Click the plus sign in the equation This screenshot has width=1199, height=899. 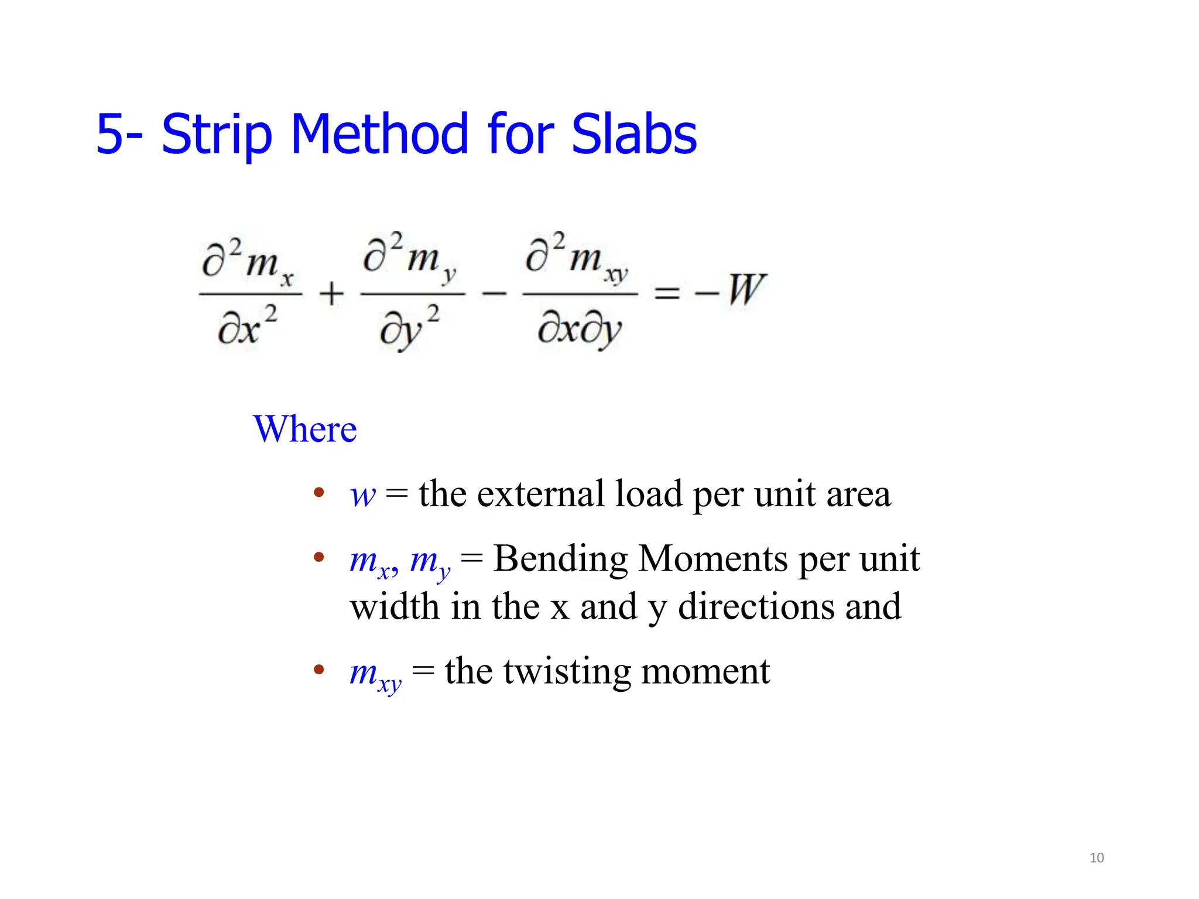[x=331, y=293]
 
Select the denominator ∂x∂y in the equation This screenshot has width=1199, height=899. [x=579, y=330]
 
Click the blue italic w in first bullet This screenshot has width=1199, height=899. [x=362, y=495]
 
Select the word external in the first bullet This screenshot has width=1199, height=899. [x=540, y=494]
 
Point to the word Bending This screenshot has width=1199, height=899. [x=560, y=560]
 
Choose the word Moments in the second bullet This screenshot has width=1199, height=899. [x=713, y=559]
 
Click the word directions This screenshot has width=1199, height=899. [x=756, y=607]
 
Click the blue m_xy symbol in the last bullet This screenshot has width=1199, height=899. [x=375, y=674]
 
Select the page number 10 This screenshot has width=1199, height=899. [x=1097, y=858]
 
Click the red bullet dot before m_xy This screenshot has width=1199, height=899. [x=319, y=669]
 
